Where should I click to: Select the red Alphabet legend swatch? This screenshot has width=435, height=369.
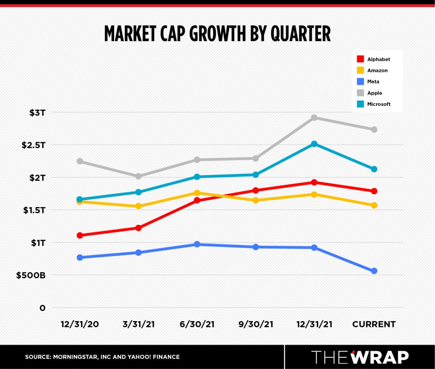pyautogui.click(x=360, y=59)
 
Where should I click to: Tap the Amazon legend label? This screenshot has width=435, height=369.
pyautogui.click(x=377, y=70)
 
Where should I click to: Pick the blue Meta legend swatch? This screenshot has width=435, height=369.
pyautogui.click(x=360, y=81)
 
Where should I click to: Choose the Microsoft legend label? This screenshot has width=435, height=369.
pyautogui.click(x=379, y=104)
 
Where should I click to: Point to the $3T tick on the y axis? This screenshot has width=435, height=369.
pyautogui.click(x=37, y=113)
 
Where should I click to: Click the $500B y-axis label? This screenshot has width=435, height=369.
pyautogui.click(x=31, y=275)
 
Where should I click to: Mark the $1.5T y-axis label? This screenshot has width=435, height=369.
pyautogui.click(x=34, y=210)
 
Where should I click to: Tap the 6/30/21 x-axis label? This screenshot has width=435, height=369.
pyautogui.click(x=197, y=324)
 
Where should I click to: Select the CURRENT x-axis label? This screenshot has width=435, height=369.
pyautogui.click(x=374, y=324)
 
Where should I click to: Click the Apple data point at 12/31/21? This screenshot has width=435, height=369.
pyautogui.click(x=314, y=118)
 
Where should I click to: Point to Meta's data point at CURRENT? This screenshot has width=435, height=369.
pyautogui.click(x=374, y=271)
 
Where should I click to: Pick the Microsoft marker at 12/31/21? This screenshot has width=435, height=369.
pyautogui.click(x=314, y=144)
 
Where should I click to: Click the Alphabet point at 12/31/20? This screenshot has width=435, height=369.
pyautogui.click(x=80, y=235)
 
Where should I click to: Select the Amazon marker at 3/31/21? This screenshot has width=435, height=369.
pyautogui.click(x=138, y=206)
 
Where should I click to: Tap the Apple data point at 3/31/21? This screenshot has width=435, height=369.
pyautogui.click(x=138, y=176)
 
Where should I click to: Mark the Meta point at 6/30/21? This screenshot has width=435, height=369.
pyautogui.click(x=197, y=244)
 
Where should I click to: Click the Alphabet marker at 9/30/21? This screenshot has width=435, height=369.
pyautogui.click(x=256, y=190)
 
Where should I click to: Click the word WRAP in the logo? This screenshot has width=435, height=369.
pyautogui.click(x=380, y=357)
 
